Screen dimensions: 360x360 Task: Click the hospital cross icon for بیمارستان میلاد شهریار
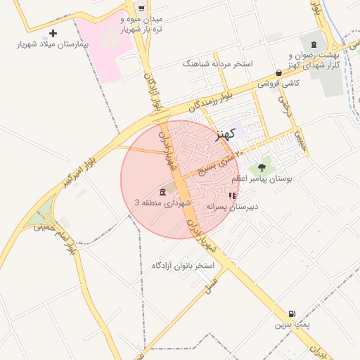[53, 33]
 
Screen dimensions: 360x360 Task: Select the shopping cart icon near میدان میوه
[141, 8]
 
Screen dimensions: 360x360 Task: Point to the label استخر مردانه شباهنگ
[217, 64]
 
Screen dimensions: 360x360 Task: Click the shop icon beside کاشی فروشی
[279, 72]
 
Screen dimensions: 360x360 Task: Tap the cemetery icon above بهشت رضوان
[313, 43]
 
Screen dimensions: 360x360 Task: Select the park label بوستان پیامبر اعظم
[271, 180]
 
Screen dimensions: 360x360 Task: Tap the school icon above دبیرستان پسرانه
[233, 195]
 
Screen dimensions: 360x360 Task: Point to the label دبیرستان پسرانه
[233, 207]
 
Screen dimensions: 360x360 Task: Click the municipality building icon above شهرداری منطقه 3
[163, 192]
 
